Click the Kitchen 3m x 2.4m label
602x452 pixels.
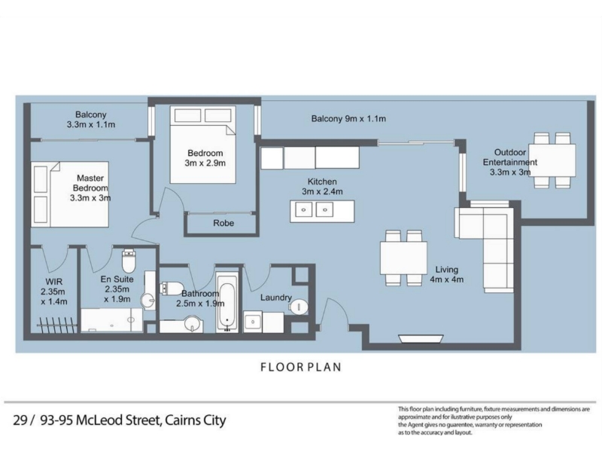[x=322, y=186]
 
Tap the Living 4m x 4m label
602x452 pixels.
[x=446, y=274]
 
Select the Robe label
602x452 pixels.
[x=223, y=223]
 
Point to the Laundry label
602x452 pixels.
[x=276, y=298]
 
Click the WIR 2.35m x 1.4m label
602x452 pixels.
[x=54, y=292]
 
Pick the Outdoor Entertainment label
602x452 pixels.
[x=510, y=162]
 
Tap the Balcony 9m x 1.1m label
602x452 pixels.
[x=348, y=119]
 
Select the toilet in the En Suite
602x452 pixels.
[x=128, y=261]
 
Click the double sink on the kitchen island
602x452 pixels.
[x=314, y=210]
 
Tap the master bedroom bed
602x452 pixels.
[x=70, y=194]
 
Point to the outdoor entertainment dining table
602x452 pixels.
[x=552, y=160]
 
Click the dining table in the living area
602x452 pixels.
[x=403, y=258]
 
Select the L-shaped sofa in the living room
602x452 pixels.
[x=487, y=246]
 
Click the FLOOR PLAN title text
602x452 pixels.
[x=300, y=367]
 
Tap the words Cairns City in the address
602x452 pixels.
[x=195, y=420]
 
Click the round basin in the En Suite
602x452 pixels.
[x=147, y=301]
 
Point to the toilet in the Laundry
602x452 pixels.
[x=299, y=307]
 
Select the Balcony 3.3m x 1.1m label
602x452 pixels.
[x=90, y=120]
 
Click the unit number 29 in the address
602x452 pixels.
[x=20, y=420]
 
